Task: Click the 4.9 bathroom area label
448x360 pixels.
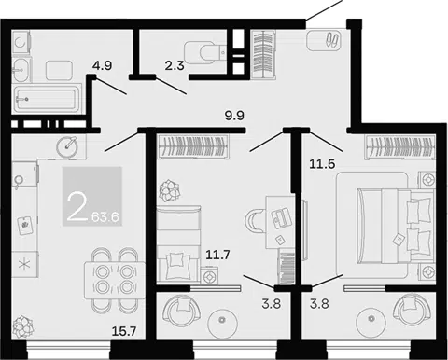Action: click(102, 66)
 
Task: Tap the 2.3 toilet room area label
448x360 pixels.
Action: click(175, 66)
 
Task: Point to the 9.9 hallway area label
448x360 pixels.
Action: click(234, 116)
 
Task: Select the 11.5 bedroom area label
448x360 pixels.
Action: click(322, 164)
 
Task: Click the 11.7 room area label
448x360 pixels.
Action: click(217, 256)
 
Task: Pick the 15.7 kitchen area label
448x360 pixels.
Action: click(124, 332)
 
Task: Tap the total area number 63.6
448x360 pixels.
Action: click(105, 217)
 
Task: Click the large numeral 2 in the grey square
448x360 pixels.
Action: click(77, 206)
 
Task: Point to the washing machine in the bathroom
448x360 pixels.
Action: click(21, 43)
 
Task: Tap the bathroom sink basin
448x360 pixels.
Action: click(21, 70)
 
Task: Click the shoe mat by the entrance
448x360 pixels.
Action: click(324, 40)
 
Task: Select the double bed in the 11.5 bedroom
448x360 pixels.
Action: click(396, 226)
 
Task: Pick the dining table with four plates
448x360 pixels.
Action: click(115, 280)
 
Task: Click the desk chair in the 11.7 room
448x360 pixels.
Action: click(255, 221)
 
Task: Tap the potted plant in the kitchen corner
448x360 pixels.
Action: click(23, 326)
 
